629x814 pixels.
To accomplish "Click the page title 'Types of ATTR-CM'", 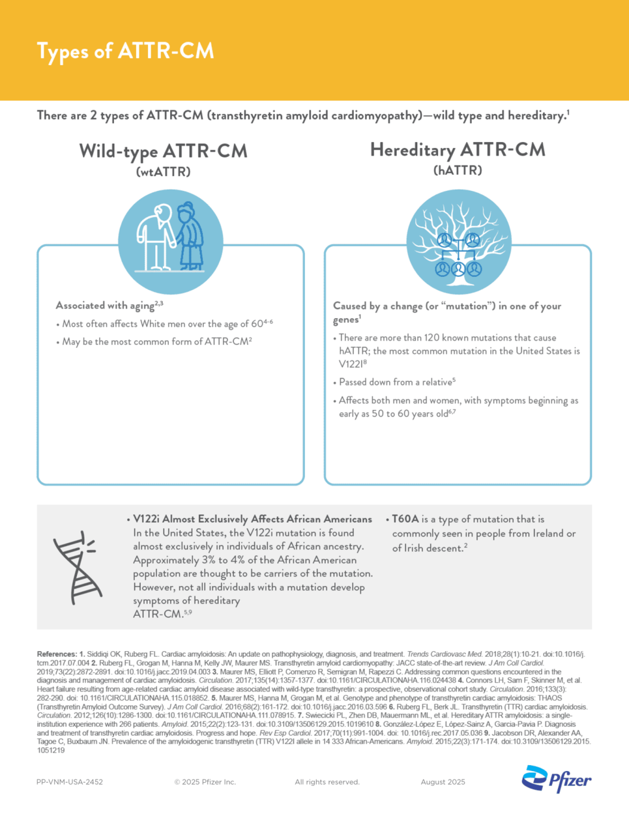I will (125, 51).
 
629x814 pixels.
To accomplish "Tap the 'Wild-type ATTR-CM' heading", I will (163, 151).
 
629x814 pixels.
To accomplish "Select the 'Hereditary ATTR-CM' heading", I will (458, 150).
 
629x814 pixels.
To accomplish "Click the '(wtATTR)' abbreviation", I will (163, 172).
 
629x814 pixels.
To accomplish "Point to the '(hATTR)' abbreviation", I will (458, 171).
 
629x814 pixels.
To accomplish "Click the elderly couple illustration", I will (171, 238).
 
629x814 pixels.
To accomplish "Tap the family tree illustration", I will (458, 242).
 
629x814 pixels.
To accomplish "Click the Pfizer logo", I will (557, 779).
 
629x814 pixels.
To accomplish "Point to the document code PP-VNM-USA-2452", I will (70, 782).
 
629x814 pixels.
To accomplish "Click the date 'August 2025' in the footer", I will (443, 782).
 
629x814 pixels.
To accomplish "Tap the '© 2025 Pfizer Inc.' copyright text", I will (205, 782).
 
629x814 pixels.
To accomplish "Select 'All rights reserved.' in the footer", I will (327, 782).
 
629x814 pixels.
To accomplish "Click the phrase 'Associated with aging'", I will (104, 306).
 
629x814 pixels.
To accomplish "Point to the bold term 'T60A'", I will (405, 519).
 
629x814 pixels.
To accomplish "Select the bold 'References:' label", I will (57, 654).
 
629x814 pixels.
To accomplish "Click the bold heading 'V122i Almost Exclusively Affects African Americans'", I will (252, 519).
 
